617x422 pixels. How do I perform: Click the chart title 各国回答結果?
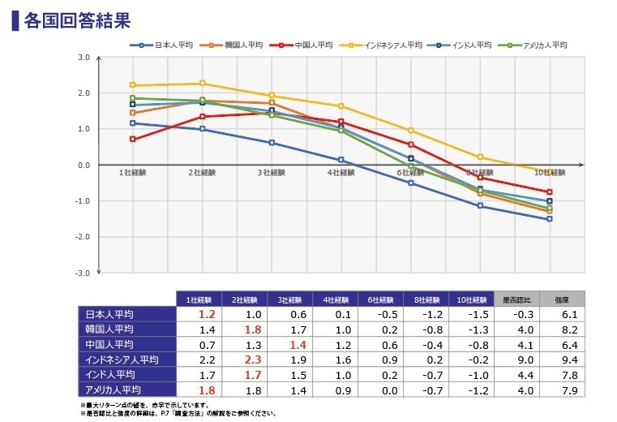tap(77, 19)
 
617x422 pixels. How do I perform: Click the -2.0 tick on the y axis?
tap(84, 237)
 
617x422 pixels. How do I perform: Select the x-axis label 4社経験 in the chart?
tap(341, 173)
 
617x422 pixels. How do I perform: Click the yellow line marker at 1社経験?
tap(132, 85)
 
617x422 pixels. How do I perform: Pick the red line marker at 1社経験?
tap(132, 139)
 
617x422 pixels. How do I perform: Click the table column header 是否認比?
tap(515, 299)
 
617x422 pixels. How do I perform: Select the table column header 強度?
tap(561, 299)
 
